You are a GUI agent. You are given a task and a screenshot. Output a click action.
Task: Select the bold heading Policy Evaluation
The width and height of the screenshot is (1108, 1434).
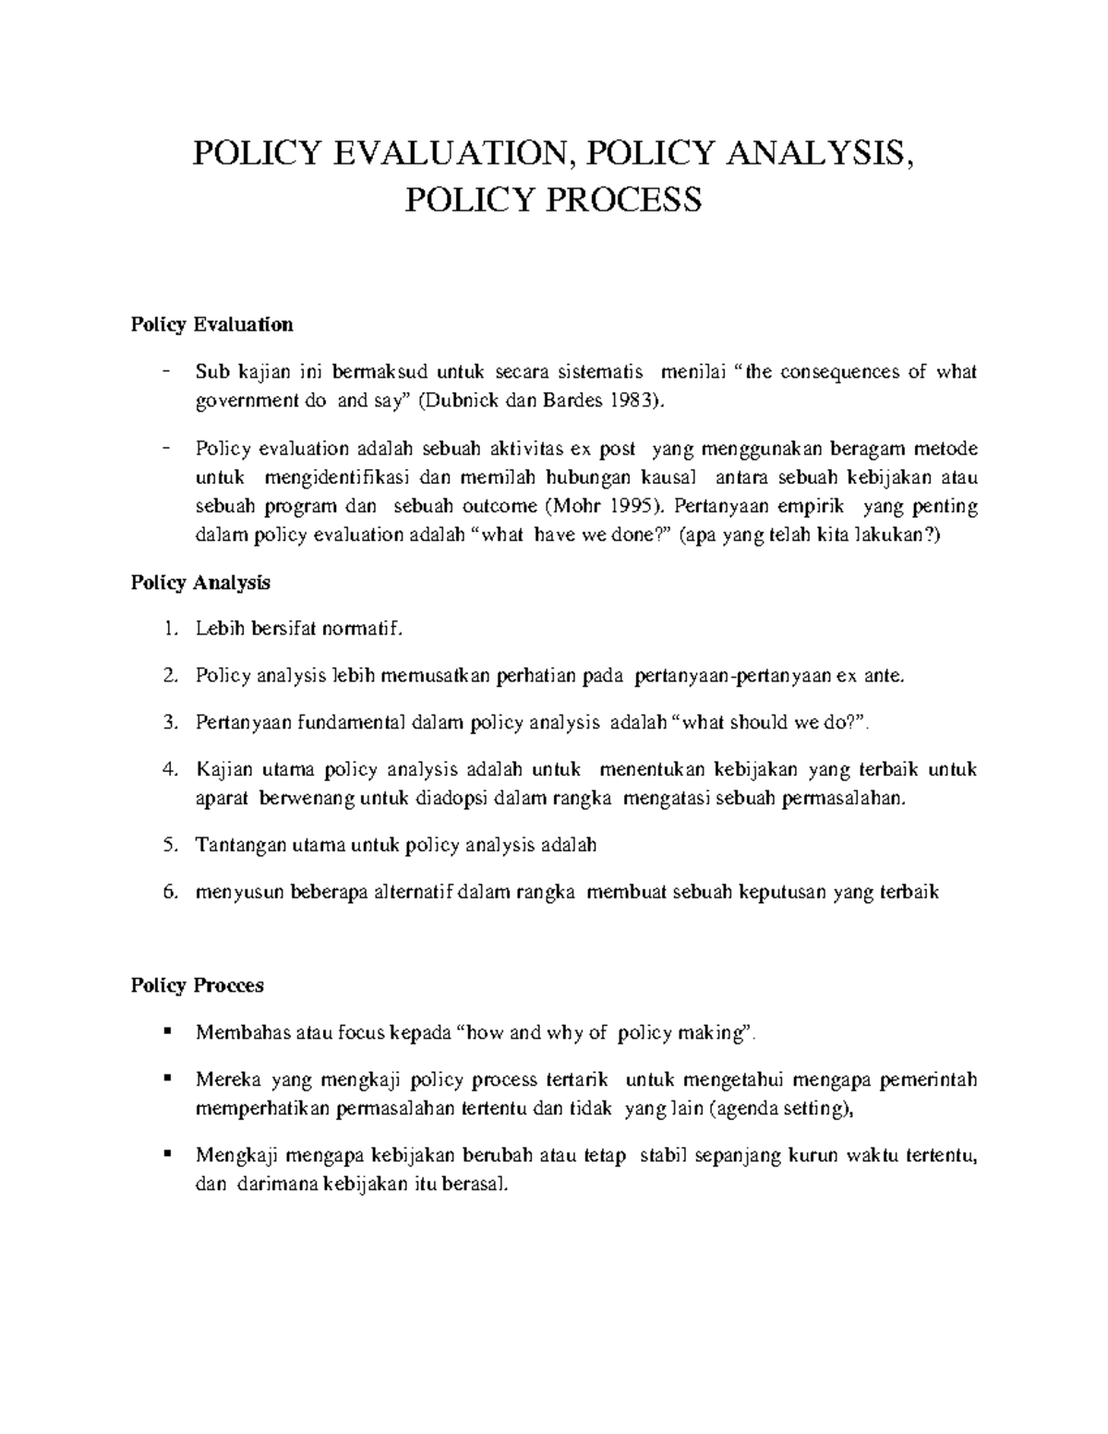(x=211, y=324)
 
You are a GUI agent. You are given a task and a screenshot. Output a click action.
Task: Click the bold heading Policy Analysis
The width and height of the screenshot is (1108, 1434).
(x=200, y=583)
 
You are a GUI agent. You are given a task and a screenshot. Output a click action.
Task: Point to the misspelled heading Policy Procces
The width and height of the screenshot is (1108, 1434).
(x=197, y=985)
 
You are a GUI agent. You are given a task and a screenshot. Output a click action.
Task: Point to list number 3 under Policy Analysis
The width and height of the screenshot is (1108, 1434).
(x=168, y=722)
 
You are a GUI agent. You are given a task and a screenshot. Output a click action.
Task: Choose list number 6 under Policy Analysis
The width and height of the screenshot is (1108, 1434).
(x=168, y=892)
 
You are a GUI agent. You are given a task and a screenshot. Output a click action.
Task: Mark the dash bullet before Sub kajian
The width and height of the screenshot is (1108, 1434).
(x=165, y=372)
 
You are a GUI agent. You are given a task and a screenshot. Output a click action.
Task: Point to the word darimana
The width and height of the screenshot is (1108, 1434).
(x=275, y=1185)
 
